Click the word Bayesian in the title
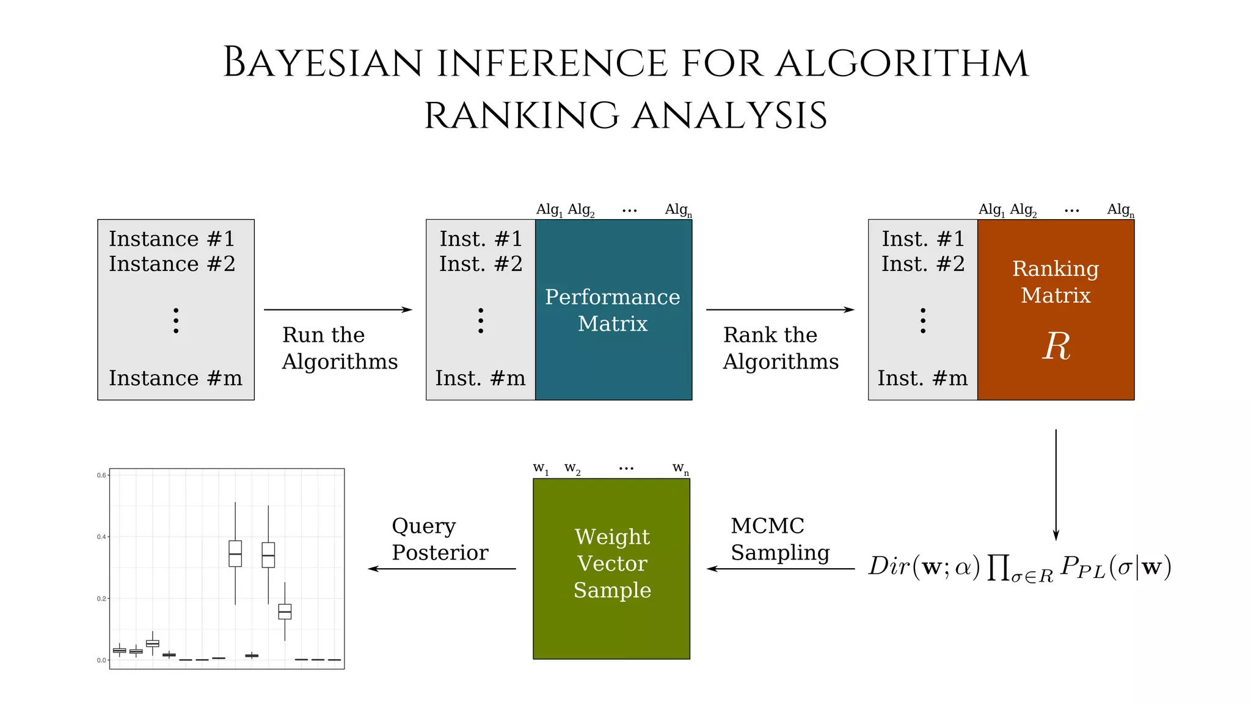(323, 63)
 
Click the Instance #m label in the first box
(175, 378)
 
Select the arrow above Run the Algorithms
(338, 309)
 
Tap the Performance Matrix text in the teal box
(613, 310)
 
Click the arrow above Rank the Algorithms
(780, 309)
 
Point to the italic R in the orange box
(1056, 347)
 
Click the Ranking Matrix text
(1056, 282)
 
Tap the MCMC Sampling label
(780, 539)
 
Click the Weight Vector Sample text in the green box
(612, 563)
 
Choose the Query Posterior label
(440, 539)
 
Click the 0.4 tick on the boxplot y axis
(101, 537)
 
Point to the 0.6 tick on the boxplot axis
(101, 475)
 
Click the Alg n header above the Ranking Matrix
(1120, 210)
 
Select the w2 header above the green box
(572, 468)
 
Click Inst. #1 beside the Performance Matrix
(481, 239)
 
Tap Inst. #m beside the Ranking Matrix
(922, 378)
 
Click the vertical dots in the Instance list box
(176, 320)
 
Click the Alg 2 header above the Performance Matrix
(581, 210)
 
